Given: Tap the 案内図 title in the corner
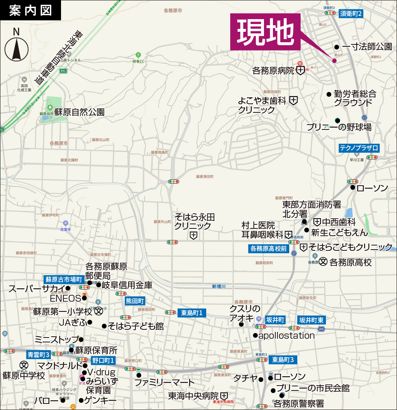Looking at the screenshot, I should point(31,10).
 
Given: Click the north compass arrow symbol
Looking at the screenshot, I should point(16,49).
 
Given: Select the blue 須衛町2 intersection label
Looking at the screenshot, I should point(350,13).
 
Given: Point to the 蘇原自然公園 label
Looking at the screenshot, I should point(79,112).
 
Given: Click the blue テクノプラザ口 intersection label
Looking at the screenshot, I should point(360,148).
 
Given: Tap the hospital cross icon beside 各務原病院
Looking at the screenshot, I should point(300,71).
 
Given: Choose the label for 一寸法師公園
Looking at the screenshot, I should point(366,47).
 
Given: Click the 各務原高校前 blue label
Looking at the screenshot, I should point(268,248).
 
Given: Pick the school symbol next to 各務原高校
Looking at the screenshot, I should point(323,262).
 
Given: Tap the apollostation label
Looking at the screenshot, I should point(286,336).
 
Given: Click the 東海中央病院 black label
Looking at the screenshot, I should point(194,395).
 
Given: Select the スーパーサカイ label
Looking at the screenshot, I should point(37,289).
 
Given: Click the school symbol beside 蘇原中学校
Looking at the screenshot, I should point(24,364).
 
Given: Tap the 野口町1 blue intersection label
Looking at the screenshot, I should point(103,360).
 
